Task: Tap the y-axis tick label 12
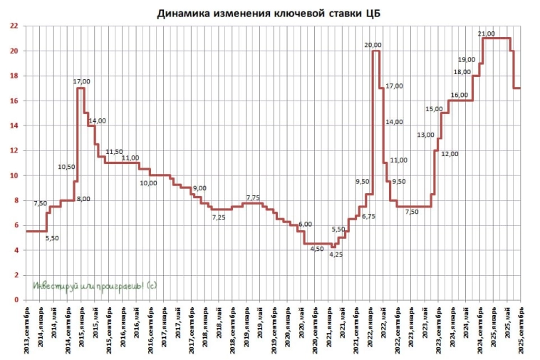(14, 151)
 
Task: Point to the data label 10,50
(66, 167)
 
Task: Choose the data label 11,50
(114, 152)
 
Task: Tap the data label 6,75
(368, 216)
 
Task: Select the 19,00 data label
(467, 60)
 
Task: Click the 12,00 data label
(450, 154)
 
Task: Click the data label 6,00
(304, 224)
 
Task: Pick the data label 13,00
(425, 135)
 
